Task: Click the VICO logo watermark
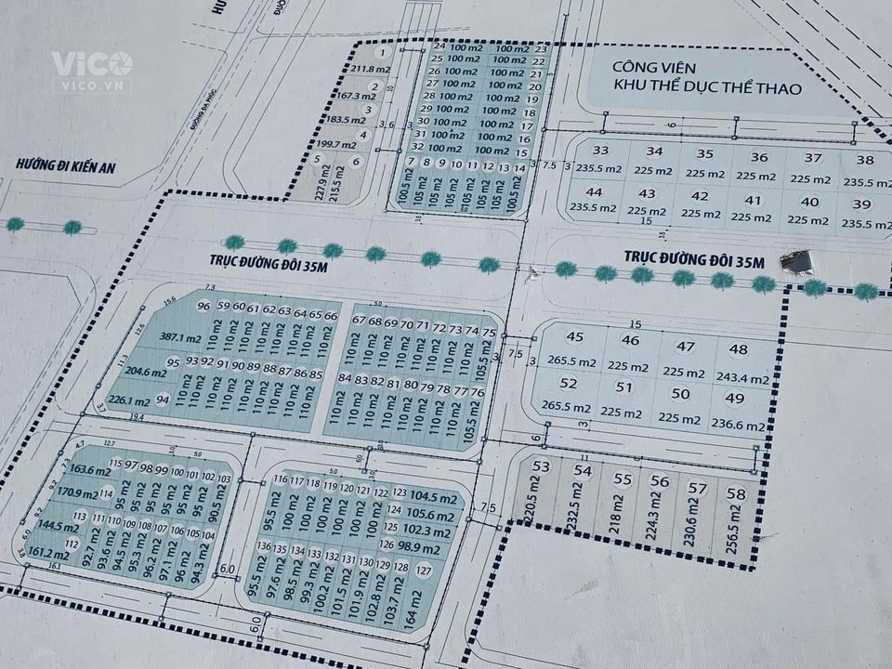[91, 69]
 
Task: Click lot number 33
[601, 151]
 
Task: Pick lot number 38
[864, 159]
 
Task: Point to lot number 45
[575, 336]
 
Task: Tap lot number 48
[739, 349]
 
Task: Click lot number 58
[736, 493]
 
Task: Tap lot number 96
[203, 307]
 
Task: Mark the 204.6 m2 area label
[145, 373]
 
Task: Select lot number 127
[425, 570]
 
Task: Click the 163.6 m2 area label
[78, 470]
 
